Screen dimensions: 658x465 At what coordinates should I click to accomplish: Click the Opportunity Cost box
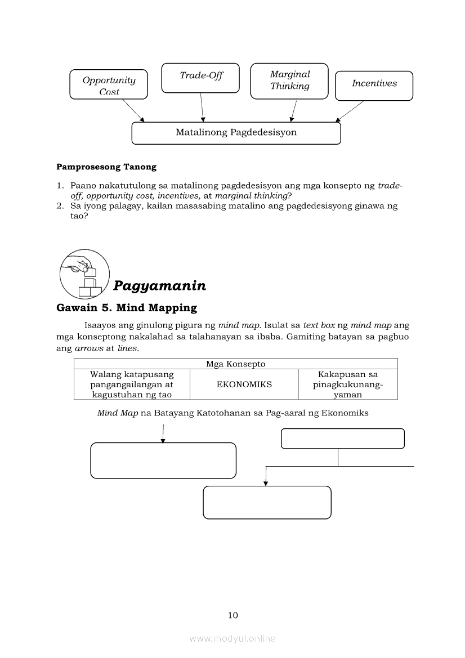[109, 84]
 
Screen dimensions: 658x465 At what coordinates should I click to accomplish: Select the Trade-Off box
[200, 78]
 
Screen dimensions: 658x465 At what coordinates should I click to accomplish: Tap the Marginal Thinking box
[289, 80]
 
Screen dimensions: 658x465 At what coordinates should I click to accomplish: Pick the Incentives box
[374, 86]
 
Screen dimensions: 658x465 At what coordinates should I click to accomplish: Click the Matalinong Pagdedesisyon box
[236, 133]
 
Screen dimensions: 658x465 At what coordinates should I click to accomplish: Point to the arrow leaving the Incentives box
[350, 111]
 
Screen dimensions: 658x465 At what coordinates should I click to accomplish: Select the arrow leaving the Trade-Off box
[202, 107]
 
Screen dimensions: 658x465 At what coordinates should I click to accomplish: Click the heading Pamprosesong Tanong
[106, 167]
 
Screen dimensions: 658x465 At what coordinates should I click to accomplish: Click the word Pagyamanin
[159, 286]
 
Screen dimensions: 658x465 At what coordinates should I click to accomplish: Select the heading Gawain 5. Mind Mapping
[127, 308]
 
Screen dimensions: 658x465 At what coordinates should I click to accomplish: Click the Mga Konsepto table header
[235, 364]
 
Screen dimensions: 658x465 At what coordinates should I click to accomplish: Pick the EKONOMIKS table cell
[244, 384]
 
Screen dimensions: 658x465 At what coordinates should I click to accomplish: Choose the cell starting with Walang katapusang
[132, 384]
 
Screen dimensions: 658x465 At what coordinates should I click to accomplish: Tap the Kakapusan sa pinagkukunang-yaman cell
[347, 384]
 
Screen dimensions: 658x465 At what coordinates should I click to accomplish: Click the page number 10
[233, 615]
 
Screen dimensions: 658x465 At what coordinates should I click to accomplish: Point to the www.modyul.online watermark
[232, 638]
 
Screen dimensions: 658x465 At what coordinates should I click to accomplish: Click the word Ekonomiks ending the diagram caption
[347, 413]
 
